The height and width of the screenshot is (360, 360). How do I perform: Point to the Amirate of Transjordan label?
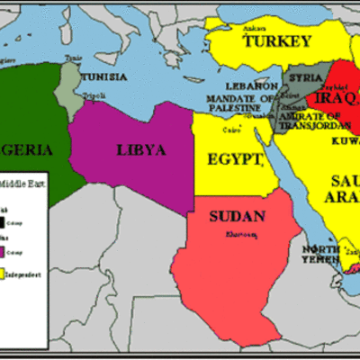(x=309, y=121)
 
